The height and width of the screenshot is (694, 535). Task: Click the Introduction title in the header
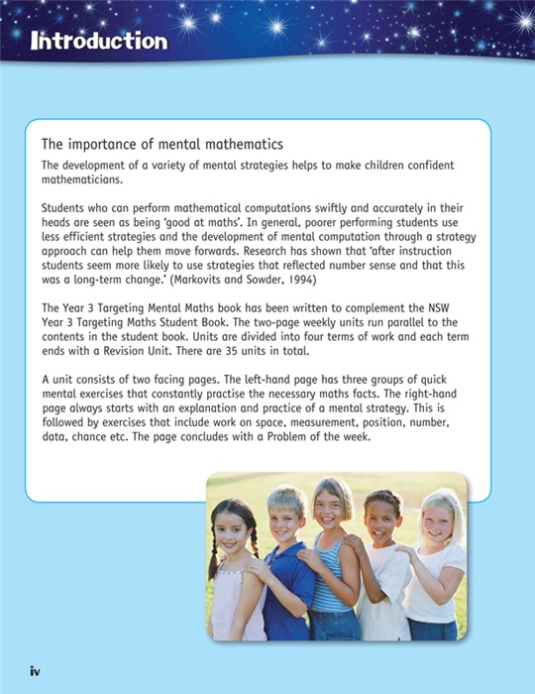click(x=98, y=41)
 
